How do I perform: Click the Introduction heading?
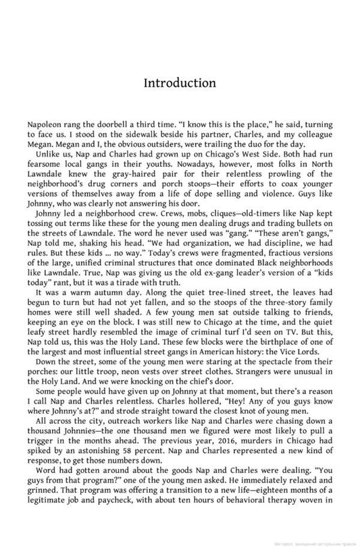coord(180,83)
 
